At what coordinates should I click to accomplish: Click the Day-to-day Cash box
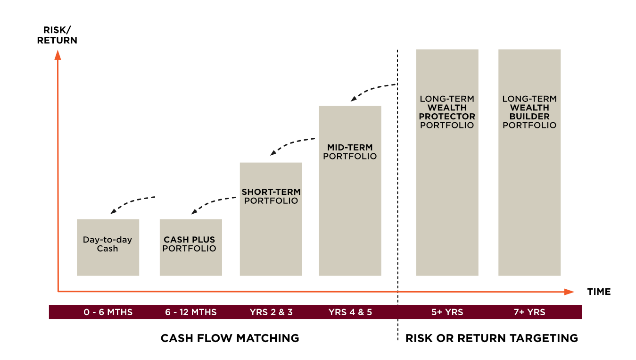point(107,247)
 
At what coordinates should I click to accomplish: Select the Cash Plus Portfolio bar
point(190,247)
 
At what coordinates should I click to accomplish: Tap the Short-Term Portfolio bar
point(271,219)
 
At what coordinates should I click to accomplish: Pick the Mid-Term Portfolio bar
point(350,191)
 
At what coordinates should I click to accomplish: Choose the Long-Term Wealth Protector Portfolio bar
point(447,162)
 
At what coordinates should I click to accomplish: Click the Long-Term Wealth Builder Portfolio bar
point(529,162)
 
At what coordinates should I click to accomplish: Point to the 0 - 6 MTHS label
point(108,312)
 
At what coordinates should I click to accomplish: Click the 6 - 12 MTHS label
point(191,312)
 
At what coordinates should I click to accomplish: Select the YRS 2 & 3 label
point(271,312)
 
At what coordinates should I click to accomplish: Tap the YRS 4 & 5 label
point(350,312)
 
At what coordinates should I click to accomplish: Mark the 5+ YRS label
point(447,312)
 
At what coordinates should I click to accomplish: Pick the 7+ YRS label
point(529,312)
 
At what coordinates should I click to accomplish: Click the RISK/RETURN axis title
point(57,35)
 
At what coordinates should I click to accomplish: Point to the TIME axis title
point(599,292)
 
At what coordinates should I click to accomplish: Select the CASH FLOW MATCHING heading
point(230,338)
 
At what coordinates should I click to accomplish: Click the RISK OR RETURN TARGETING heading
point(491,338)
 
